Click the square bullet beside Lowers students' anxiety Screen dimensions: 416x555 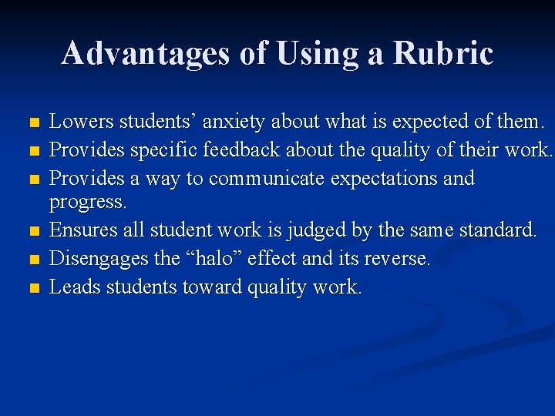32,123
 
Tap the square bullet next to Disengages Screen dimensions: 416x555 32,260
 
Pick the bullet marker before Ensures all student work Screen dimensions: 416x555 32,231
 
